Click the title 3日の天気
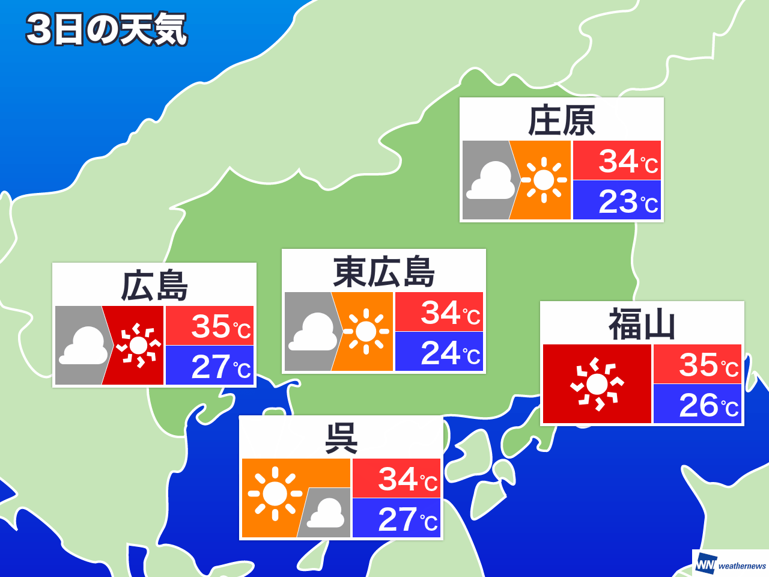point(107,29)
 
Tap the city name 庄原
point(561,121)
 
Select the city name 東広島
point(384,272)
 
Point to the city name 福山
point(642,325)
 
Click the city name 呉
point(341,438)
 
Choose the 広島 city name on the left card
point(154,286)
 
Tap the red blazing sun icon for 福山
point(597,384)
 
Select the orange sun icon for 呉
point(275,493)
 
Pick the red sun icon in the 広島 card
point(138,346)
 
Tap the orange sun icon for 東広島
point(365,331)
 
